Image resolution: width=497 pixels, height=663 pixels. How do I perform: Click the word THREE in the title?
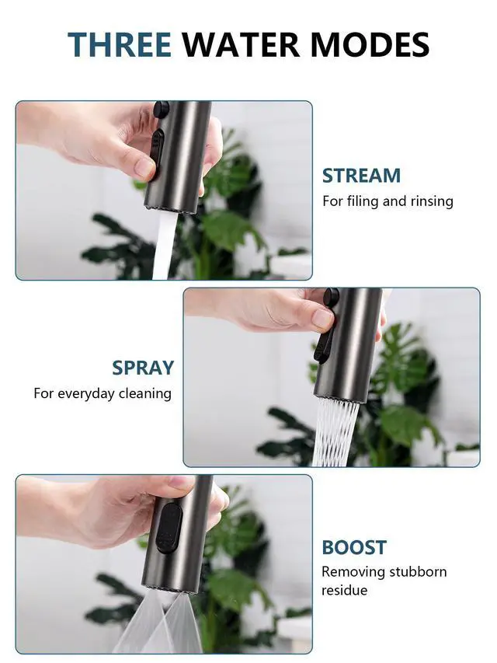click(x=120, y=44)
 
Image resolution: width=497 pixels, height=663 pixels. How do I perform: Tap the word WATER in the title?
click(x=241, y=44)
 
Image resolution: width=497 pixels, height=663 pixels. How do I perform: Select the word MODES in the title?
click(x=370, y=44)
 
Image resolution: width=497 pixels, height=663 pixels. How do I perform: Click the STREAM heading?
click(x=361, y=176)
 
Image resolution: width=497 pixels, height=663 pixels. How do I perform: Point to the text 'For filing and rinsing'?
click(x=388, y=201)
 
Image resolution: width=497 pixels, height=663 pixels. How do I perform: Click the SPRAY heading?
click(x=143, y=368)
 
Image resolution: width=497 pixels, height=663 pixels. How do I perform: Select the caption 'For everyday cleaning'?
click(x=103, y=393)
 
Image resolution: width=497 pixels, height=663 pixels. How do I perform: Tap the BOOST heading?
click(x=354, y=547)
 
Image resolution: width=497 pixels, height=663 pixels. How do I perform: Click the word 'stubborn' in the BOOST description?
click(x=418, y=571)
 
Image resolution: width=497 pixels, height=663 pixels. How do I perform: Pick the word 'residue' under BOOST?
click(x=345, y=590)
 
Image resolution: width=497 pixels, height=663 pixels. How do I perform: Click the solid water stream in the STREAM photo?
click(x=164, y=246)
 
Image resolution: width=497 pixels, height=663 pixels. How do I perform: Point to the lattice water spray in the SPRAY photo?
click(x=335, y=432)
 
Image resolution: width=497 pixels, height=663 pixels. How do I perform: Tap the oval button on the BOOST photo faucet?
click(x=169, y=528)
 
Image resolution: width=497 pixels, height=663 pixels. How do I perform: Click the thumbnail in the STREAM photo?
click(x=144, y=167)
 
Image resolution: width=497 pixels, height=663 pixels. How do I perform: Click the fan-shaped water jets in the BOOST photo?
click(x=158, y=623)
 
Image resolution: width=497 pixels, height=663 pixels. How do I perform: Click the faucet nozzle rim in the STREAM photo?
click(x=170, y=208)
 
